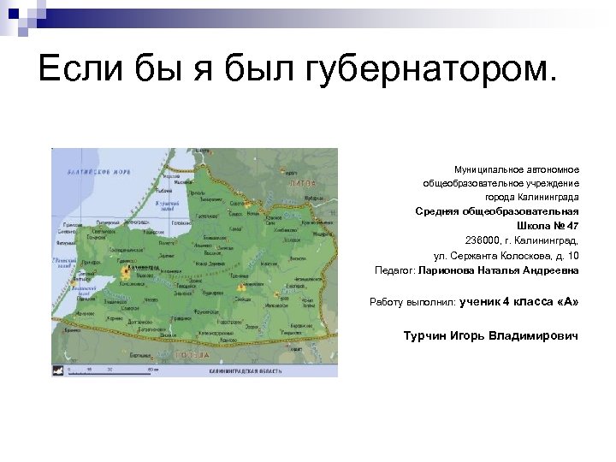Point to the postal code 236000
[485, 240]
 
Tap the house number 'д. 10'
[566, 255]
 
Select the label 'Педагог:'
[395, 270]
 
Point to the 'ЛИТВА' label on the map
[302, 183]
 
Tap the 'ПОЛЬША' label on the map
[192, 353]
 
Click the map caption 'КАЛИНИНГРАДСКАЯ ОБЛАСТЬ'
[246, 372]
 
